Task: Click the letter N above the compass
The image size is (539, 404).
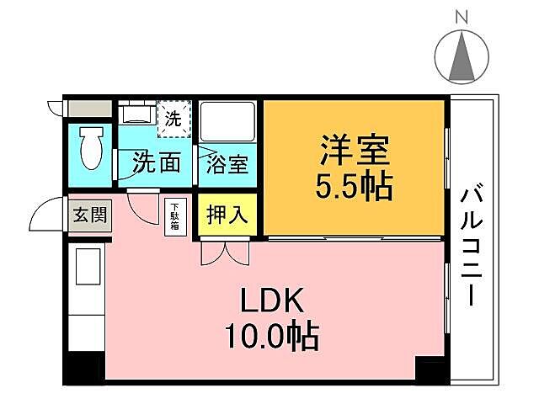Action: (462, 16)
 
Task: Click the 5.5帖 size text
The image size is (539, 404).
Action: (354, 187)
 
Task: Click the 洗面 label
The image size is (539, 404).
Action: (157, 162)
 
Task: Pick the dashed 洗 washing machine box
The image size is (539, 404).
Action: (174, 119)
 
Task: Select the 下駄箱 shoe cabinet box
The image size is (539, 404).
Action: (175, 216)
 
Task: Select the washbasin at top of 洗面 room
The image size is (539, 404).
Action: (133, 114)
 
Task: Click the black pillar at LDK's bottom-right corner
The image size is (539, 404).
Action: (431, 369)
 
